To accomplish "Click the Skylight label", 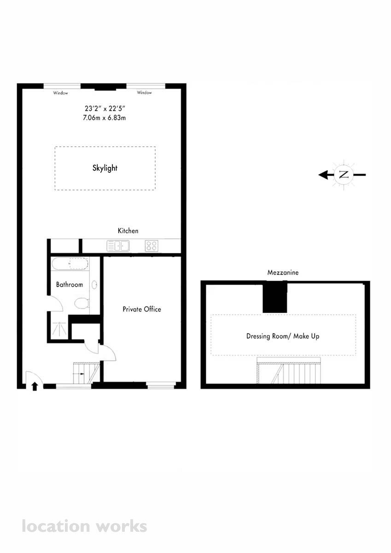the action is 105,168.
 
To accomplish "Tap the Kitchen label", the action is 128,231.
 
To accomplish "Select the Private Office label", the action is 142,309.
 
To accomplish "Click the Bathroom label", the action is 70,285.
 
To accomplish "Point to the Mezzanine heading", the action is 283,272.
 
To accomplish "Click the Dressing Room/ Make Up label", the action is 283,336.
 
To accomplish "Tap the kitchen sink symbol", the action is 118,246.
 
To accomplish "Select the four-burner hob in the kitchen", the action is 152,246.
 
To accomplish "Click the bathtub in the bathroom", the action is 70,264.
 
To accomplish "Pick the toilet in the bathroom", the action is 82,303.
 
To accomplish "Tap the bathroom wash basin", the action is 94,285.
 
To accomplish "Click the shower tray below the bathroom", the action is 59,328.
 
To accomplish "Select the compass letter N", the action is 344,175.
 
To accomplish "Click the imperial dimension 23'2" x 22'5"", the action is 105,108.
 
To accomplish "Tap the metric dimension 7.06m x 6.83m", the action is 105,118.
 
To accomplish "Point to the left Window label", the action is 60,93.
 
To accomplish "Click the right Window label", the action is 144,93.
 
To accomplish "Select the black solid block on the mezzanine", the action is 275,297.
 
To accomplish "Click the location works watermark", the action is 84,526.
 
